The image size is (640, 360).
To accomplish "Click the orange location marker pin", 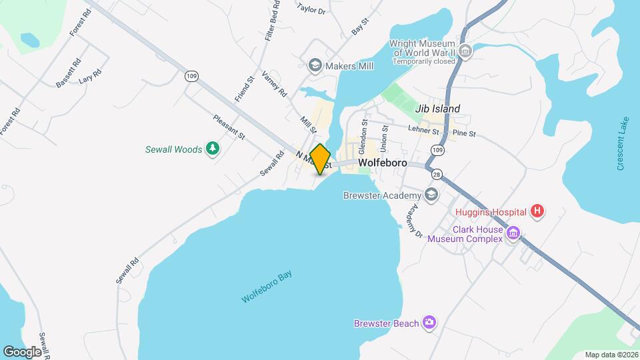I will tap(321, 159).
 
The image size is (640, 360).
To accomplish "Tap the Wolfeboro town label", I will tap(383, 162).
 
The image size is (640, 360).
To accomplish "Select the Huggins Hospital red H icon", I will tap(538, 212).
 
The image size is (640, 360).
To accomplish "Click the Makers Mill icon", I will tap(314, 65).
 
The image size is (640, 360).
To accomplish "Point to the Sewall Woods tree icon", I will tap(213, 149).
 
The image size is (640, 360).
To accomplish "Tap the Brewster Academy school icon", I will tap(431, 195).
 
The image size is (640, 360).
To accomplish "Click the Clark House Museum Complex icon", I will tap(513, 233).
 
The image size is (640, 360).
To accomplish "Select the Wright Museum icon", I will tap(465, 51).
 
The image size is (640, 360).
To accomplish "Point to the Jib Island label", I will tap(437, 109).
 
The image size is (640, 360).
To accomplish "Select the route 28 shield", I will tap(437, 174).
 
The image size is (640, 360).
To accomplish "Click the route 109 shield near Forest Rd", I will tap(191, 77).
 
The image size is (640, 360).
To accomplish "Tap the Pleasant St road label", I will tap(229, 127).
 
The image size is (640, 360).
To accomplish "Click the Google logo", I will tap(23, 351).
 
